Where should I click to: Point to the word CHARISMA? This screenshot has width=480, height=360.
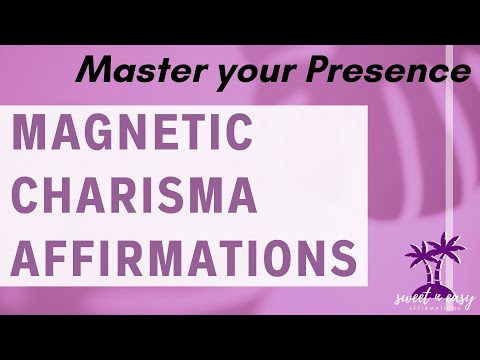[139, 193]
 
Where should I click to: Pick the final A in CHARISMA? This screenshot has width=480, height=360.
[251, 193]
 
